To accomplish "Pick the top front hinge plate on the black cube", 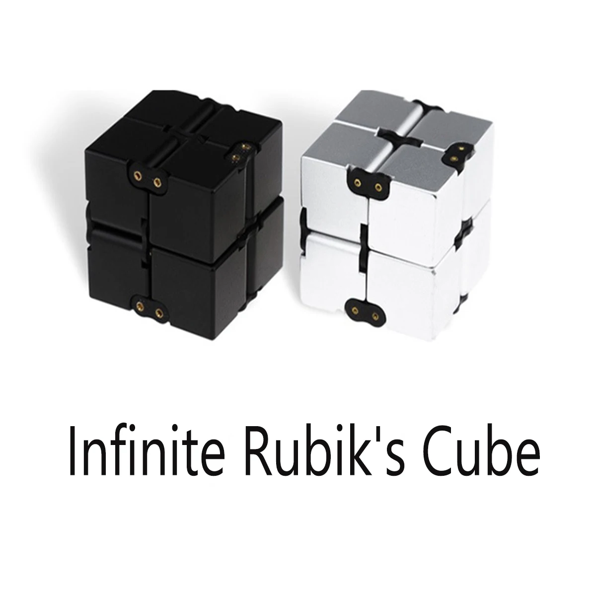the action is pyautogui.click(x=148, y=179).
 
